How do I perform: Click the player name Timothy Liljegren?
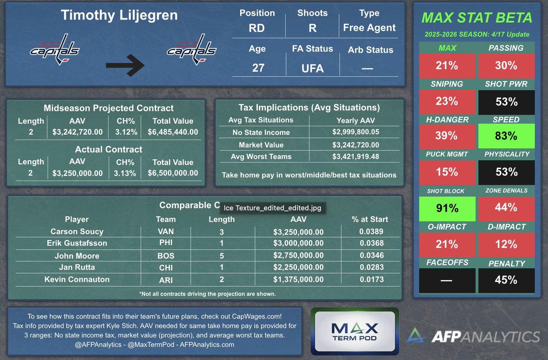coord(119,16)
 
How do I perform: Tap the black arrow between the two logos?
coord(125,65)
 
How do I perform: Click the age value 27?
coord(258,68)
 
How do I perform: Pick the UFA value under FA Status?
coord(312,68)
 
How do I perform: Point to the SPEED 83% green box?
coord(506,136)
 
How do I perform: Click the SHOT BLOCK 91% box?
coord(447,209)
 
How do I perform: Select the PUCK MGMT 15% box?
coord(447,172)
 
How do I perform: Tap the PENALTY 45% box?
coord(506,280)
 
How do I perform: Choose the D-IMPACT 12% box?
coord(506,245)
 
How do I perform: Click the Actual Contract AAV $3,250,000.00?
coord(77,173)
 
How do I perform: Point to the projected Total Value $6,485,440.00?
coord(173,132)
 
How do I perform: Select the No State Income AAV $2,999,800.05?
coord(355,132)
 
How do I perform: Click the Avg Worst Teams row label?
coord(261,157)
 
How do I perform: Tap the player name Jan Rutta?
coord(77,267)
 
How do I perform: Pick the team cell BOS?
coord(166,256)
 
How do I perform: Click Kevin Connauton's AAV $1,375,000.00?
coord(298,279)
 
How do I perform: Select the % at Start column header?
coord(369,219)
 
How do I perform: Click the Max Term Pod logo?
coord(355,331)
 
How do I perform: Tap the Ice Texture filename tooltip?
coord(273,208)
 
